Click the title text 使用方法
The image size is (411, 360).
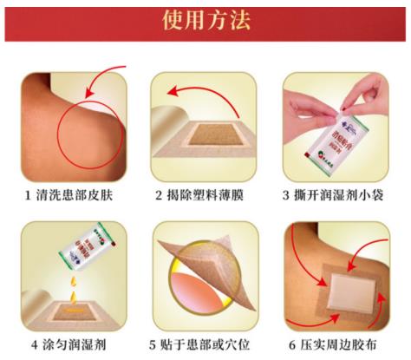pyautogui.click(x=205, y=21)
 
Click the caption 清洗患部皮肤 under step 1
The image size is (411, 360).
pyautogui.click(x=71, y=194)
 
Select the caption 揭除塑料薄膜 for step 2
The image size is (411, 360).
pyautogui.click(x=210, y=194)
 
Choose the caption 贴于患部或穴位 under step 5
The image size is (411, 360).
pyautogui.click(x=210, y=344)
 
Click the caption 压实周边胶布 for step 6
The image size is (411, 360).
pyautogui.click(x=348, y=344)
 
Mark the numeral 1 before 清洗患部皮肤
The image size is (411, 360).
pyautogui.click(x=26, y=194)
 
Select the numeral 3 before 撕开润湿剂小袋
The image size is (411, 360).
pyautogui.click(x=291, y=194)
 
